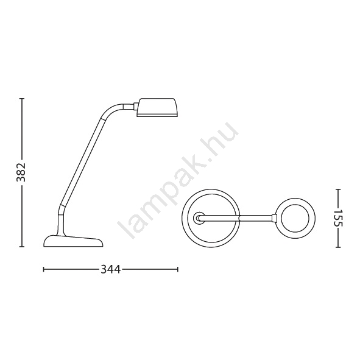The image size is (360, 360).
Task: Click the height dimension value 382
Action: coord(21,172)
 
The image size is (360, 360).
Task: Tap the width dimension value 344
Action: coord(111,269)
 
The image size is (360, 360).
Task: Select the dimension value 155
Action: coord(337,218)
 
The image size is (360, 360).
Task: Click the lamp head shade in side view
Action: coord(157,107)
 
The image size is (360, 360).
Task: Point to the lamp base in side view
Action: coord(73,241)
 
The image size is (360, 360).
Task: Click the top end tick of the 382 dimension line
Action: coord(22,99)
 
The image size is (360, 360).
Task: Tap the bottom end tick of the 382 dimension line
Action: coord(22,247)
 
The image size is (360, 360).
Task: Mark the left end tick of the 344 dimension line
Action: coord(44,269)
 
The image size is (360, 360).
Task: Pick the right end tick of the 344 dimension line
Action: coord(178,269)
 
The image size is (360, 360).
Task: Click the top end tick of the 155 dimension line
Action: coord(337,189)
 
